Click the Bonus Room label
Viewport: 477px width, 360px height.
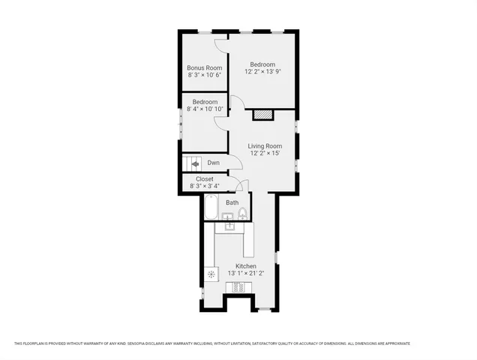(x=205, y=68)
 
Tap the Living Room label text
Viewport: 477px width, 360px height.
(x=265, y=146)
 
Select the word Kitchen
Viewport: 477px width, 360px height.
(x=246, y=266)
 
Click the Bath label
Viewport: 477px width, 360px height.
(x=232, y=202)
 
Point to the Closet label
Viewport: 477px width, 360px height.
(x=205, y=179)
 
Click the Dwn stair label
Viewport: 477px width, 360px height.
(x=214, y=163)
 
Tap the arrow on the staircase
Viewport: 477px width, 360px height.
(x=194, y=163)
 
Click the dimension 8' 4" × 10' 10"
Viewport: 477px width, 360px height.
(x=205, y=109)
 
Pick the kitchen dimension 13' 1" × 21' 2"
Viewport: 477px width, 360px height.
(x=246, y=274)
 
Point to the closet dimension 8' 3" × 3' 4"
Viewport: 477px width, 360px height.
(x=205, y=186)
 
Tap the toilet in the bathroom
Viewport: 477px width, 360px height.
(x=242, y=215)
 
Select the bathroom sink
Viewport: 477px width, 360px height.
(x=227, y=217)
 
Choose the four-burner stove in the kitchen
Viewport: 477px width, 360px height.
(x=238, y=286)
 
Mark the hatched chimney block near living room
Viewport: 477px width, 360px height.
(x=263, y=115)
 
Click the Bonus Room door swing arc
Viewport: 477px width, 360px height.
(x=220, y=46)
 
